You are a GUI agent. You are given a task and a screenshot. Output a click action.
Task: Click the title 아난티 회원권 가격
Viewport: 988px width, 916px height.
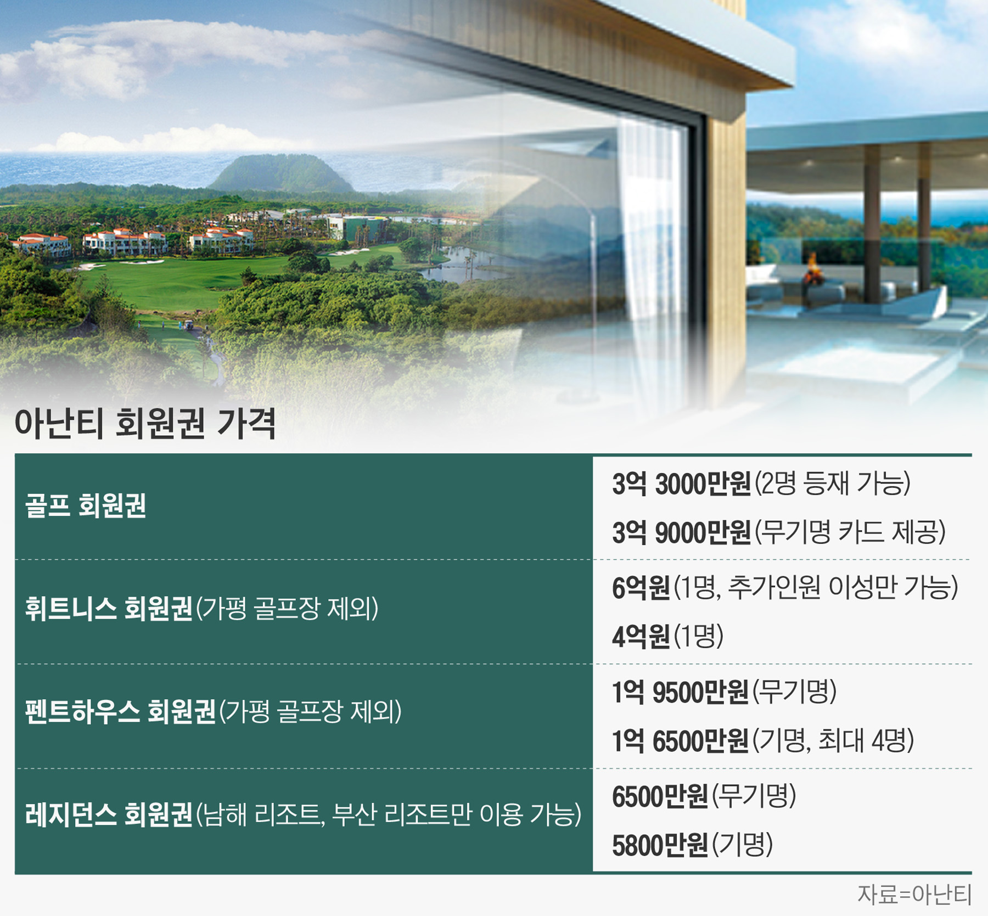point(145,423)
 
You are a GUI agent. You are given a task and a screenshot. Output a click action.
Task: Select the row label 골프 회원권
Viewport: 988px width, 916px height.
point(86,505)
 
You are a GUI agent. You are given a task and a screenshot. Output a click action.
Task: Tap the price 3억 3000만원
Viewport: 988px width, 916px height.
point(681,484)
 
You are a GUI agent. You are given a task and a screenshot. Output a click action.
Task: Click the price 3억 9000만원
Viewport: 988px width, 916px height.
point(681,532)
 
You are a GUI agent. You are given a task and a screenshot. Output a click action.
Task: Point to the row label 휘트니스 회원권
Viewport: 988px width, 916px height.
point(109,609)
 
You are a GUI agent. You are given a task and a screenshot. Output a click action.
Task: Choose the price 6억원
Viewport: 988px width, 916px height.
point(641,588)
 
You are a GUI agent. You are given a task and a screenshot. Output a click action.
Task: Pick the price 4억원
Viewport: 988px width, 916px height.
point(641,637)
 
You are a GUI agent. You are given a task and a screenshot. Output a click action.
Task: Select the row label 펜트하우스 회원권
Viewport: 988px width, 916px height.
point(120,712)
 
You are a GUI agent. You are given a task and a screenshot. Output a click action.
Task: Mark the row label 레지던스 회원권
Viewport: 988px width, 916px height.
point(109,816)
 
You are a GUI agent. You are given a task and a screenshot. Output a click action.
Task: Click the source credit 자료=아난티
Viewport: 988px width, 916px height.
point(914,895)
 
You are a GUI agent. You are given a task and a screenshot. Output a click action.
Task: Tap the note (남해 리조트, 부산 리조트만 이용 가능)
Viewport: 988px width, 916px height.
point(389,816)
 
